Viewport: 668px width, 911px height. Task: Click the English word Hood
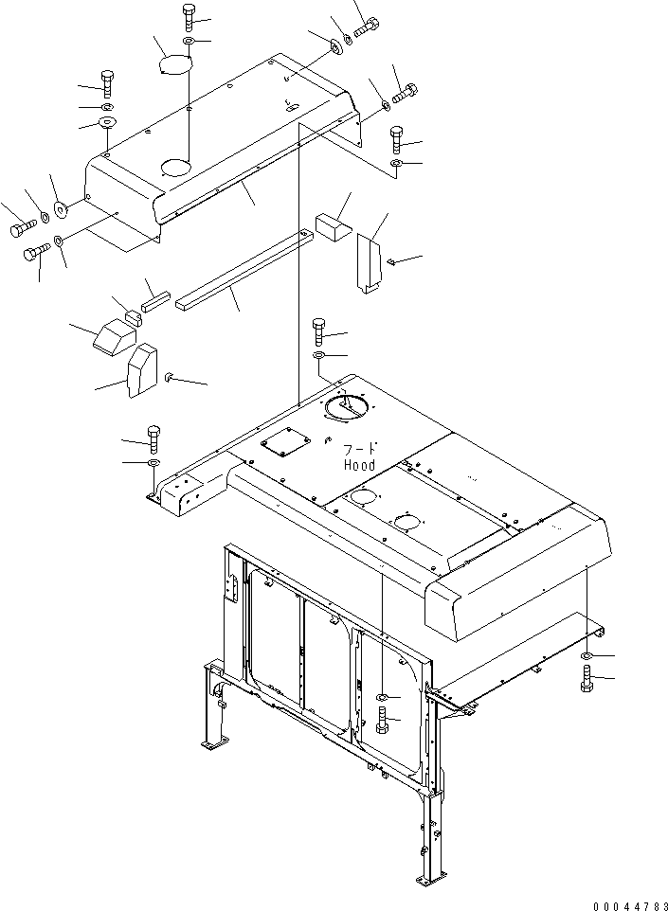point(360,465)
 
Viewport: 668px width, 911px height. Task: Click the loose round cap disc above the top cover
point(172,59)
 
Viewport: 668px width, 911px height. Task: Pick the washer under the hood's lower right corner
point(587,655)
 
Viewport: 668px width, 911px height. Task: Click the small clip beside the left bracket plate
point(168,377)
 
